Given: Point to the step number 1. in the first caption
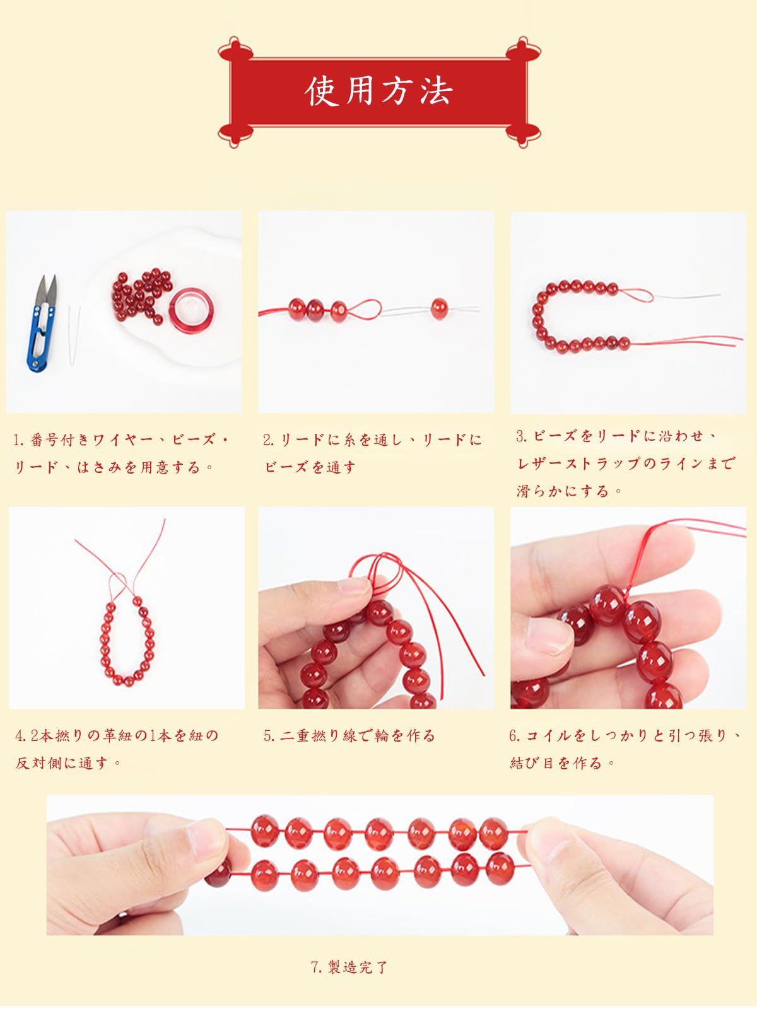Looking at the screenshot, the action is point(20,440).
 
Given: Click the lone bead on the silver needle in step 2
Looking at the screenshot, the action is point(439,308).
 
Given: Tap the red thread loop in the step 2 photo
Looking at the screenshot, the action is point(365,308).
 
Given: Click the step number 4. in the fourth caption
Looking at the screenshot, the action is point(21,736).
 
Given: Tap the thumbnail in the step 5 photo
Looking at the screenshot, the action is point(355,586).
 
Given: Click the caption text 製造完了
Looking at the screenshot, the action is point(358,967).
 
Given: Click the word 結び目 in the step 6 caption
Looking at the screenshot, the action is point(532,763).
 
